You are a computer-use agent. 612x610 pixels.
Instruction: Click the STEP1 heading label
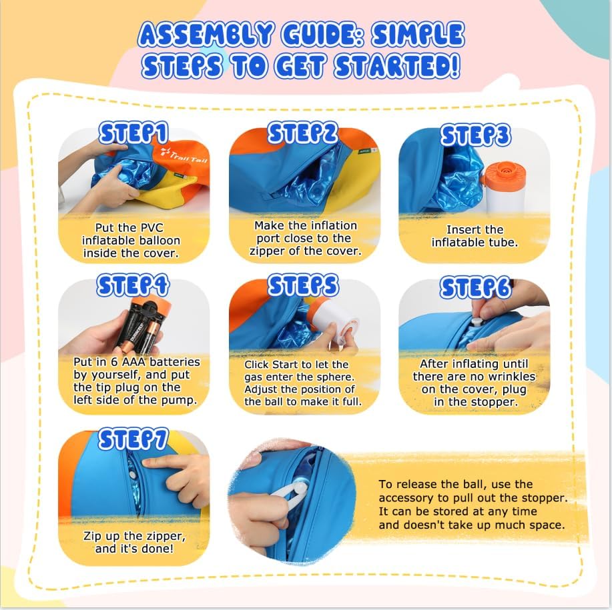pyautogui.click(x=133, y=133)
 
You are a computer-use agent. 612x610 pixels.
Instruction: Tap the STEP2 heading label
pyautogui.click(x=303, y=132)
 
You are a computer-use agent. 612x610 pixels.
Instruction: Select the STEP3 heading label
pyautogui.click(x=476, y=135)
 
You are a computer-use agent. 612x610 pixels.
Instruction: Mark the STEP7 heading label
pyautogui.click(x=133, y=439)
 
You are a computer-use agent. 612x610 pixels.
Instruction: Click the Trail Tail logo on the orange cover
pyautogui.click(x=184, y=155)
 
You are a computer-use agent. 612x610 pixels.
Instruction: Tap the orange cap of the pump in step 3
pyautogui.click(x=504, y=173)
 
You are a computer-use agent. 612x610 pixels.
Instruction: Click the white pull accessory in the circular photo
pyautogui.click(x=289, y=492)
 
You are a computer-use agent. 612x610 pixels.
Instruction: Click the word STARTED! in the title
pyautogui.click(x=398, y=65)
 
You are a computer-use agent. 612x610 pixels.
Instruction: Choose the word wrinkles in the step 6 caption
pyautogui.click(x=511, y=377)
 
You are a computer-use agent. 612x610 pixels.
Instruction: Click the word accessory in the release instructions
pyautogui.click(x=406, y=498)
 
